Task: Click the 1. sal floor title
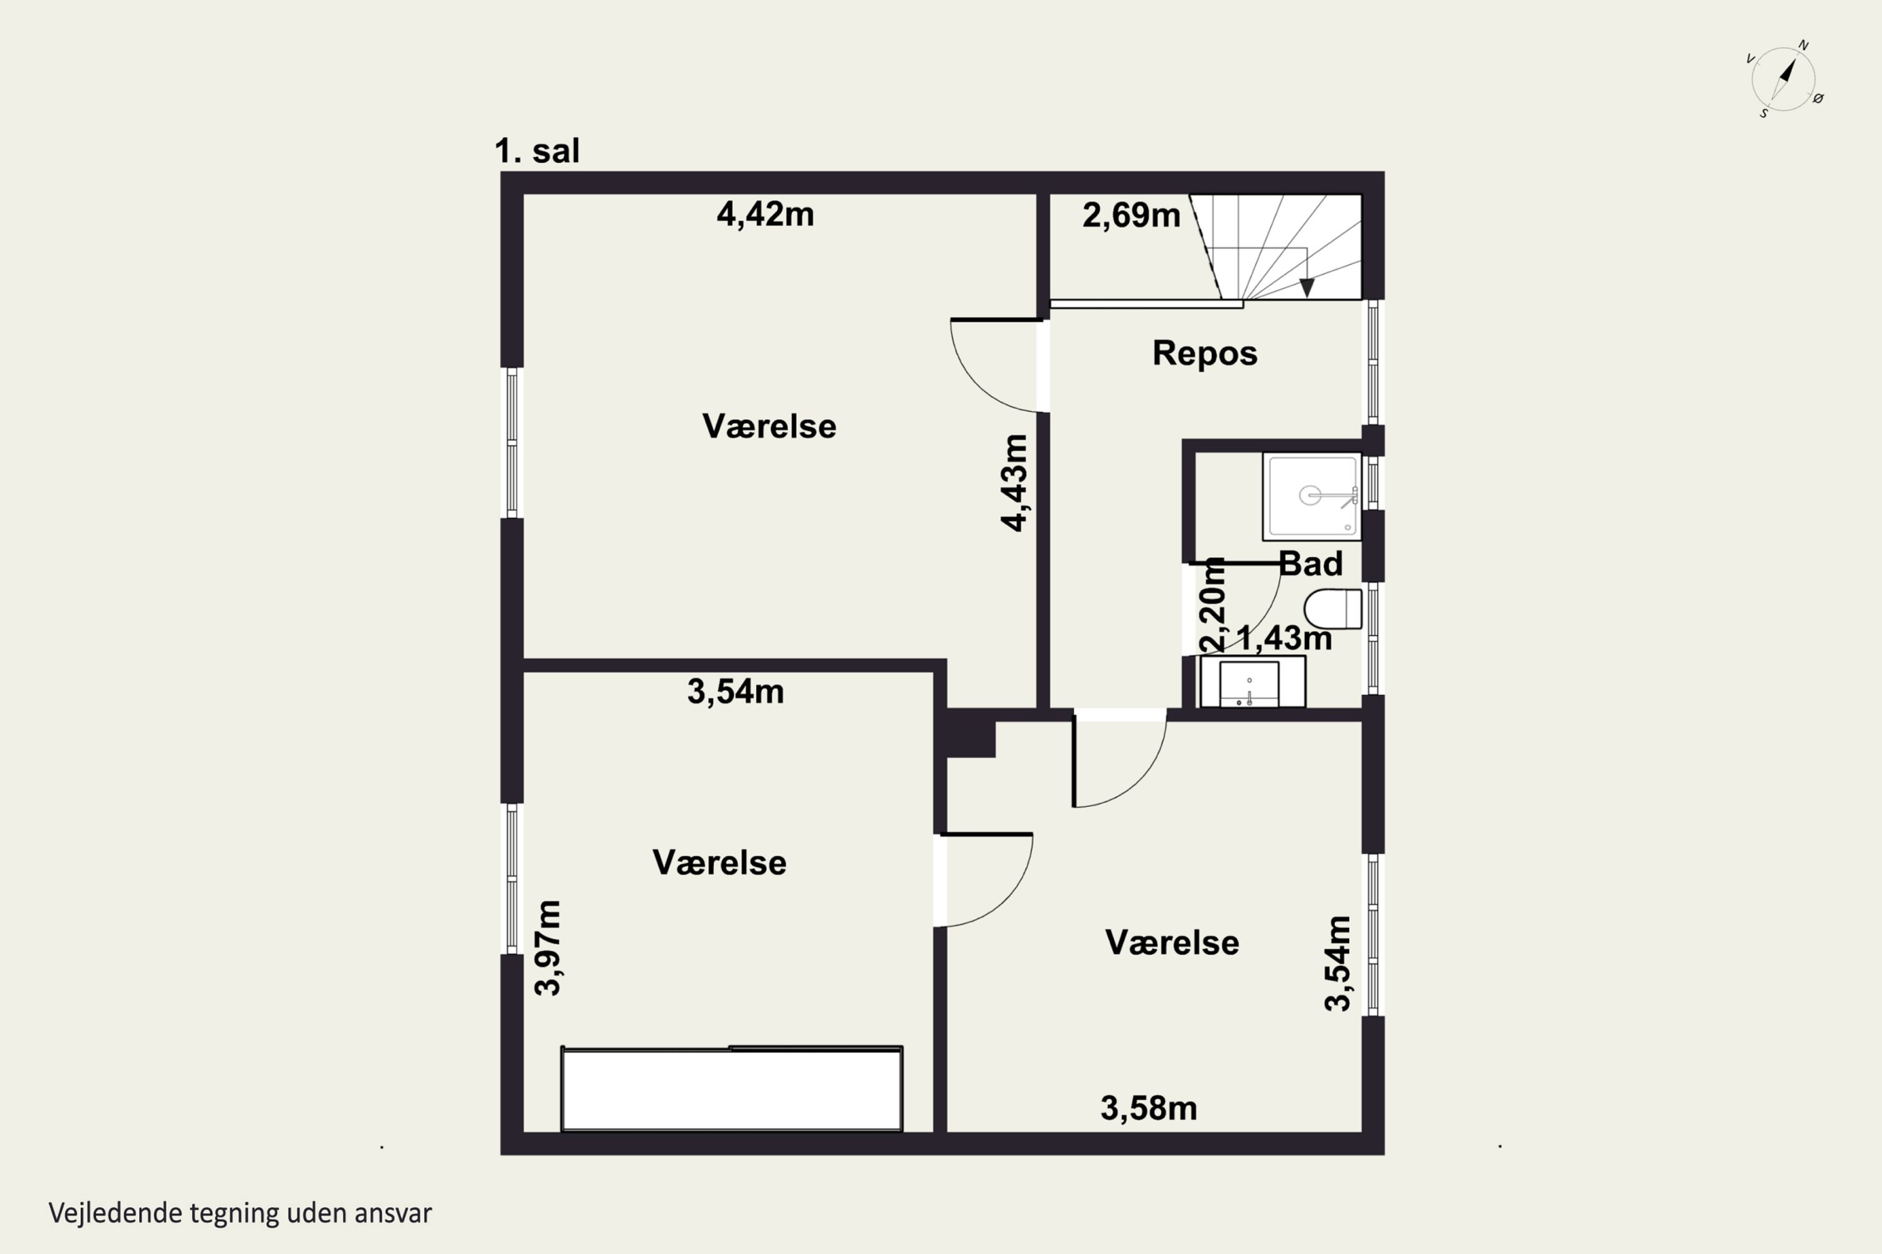(537, 150)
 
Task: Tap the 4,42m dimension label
(765, 214)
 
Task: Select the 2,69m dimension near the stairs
(1130, 215)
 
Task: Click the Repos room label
(1204, 352)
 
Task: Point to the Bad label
(1310, 564)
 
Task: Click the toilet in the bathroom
(1332, 609)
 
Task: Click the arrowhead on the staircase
(1307, 288)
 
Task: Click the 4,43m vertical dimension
(1014, 482)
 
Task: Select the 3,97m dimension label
(548, 947)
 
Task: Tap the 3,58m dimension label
(1148, 1109)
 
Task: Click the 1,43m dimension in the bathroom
(1284, 638)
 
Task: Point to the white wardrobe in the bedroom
(732, 1088)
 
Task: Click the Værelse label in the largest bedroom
(769, 426)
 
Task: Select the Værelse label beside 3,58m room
(1172, 943)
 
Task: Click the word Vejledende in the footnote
(115, 1213)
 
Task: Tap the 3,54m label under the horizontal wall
(735, 692)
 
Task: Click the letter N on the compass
(1804, 46)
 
